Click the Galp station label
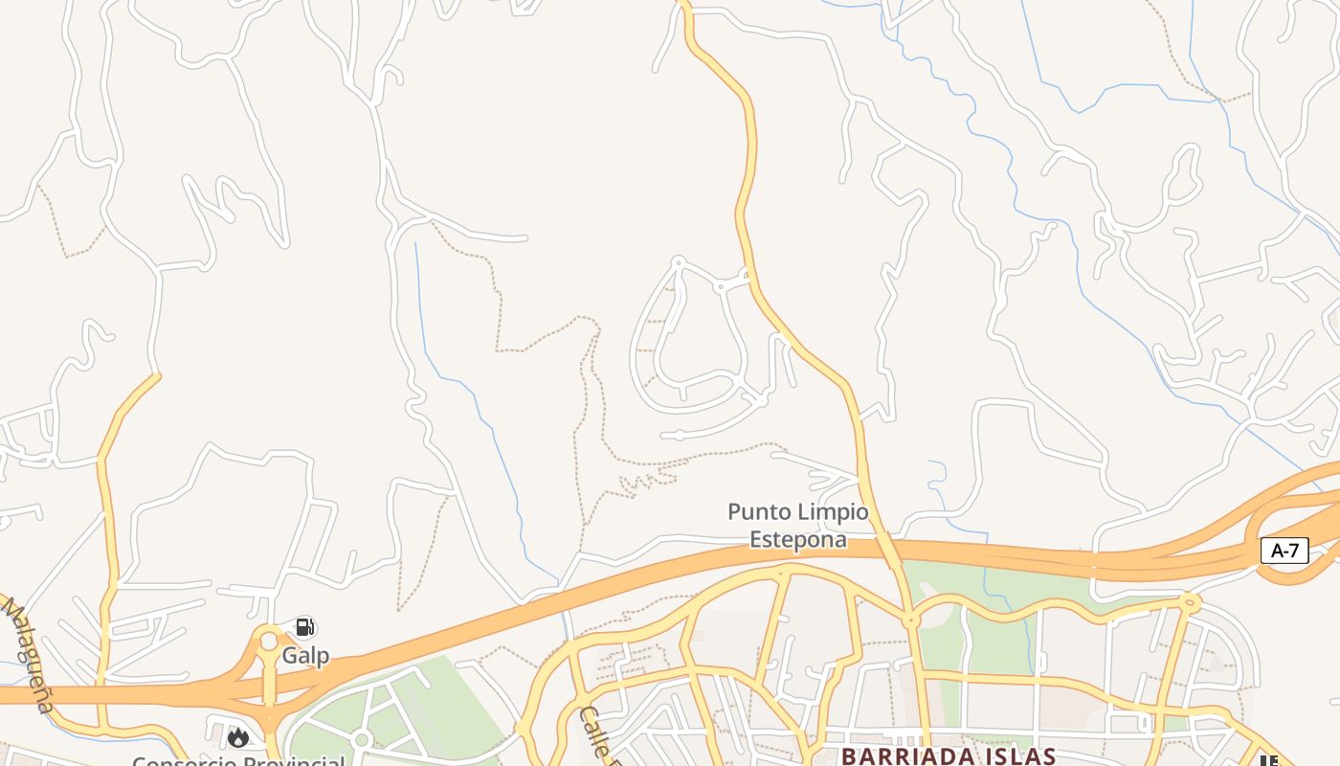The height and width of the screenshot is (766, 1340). point(305,656)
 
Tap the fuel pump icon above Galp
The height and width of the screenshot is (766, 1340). point(304,627)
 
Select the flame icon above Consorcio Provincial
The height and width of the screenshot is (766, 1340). point(238,736)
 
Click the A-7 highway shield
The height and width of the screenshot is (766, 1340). point(1284,551)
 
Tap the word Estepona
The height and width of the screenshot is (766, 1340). point(797,539)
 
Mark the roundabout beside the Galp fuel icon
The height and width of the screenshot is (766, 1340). point(269,641)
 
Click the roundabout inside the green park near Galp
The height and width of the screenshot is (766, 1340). point(361,739)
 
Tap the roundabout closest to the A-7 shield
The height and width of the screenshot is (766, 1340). point(1190,602)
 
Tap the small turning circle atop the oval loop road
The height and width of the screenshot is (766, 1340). point(679,261)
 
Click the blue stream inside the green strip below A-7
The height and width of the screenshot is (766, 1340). point(1032,642)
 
